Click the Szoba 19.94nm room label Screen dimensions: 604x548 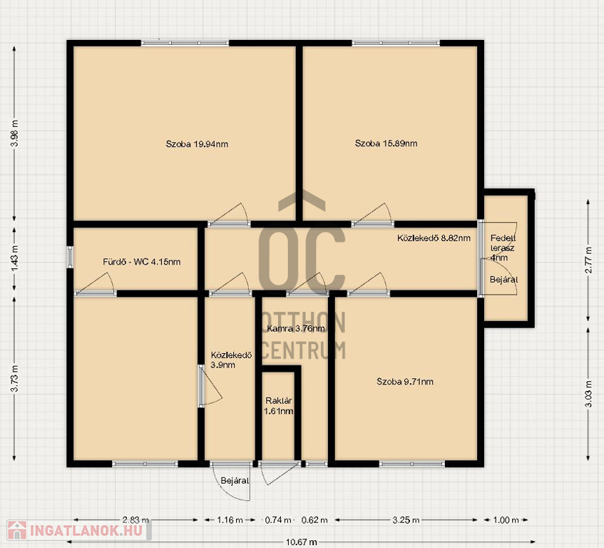(197, 144)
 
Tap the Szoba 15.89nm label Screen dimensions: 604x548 (386, 143)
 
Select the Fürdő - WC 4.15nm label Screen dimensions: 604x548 (142, 262)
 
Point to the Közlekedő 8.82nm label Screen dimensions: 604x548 (434, 238)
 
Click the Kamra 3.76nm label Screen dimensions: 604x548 (296, 329)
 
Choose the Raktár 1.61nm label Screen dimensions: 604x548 (279, 406)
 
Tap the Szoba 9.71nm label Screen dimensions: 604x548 (405, 382)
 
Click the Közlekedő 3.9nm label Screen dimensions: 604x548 (231, 360)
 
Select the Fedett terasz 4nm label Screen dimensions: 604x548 (503, 248)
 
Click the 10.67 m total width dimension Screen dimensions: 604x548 (302, 542)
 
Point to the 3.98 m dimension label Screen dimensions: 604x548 (15, 133)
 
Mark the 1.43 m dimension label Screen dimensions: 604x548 (15, 258)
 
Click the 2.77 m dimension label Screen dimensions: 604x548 (588, 260)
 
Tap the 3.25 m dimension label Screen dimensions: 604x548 (406, 520)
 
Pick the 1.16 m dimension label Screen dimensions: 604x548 (230, 520)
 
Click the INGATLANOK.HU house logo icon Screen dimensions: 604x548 (17, 530)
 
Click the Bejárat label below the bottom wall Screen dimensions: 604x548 (235, 481)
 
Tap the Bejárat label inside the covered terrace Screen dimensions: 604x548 (503, 280)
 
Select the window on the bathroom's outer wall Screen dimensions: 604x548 (70, 257)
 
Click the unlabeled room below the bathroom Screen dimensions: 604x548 (135, 378)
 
